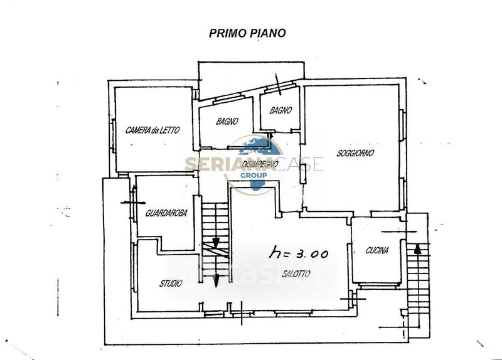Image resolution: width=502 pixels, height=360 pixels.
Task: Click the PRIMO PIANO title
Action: (x=247, y=33)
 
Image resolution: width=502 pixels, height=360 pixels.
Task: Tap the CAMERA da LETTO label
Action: (x=152, y=130)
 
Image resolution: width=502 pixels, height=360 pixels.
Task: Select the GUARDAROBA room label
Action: (x=166, y=213)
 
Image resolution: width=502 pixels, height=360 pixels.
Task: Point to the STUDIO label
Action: (x=171, y=283)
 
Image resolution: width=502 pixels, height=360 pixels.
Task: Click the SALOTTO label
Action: (x=296, y=273)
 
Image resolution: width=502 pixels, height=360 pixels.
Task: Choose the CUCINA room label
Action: (x=377, y=250)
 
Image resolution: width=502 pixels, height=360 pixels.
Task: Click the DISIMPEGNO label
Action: (x=260, y=164)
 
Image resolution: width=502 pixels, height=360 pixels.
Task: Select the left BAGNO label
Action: (x=227, y=121)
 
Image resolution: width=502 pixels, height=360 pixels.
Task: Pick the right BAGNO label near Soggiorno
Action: (x=280, y=110)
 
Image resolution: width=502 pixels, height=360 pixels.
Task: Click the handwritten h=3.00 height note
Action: (x=299, y=253)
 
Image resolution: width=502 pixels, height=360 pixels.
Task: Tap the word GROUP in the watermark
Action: (x=254, y=176)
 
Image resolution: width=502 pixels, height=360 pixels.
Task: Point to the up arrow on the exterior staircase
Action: (x=417, y=248)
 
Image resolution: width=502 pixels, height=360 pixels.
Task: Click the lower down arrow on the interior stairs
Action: (x=216, y=280)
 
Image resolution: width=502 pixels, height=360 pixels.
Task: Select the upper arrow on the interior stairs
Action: (x=216, y=242)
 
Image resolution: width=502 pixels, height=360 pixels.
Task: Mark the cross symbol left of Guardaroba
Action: (x=133, y=202)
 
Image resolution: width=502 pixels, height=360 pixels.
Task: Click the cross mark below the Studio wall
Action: (x=242, y=314)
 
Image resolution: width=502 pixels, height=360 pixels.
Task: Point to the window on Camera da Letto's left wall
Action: (x=113, y=135)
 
